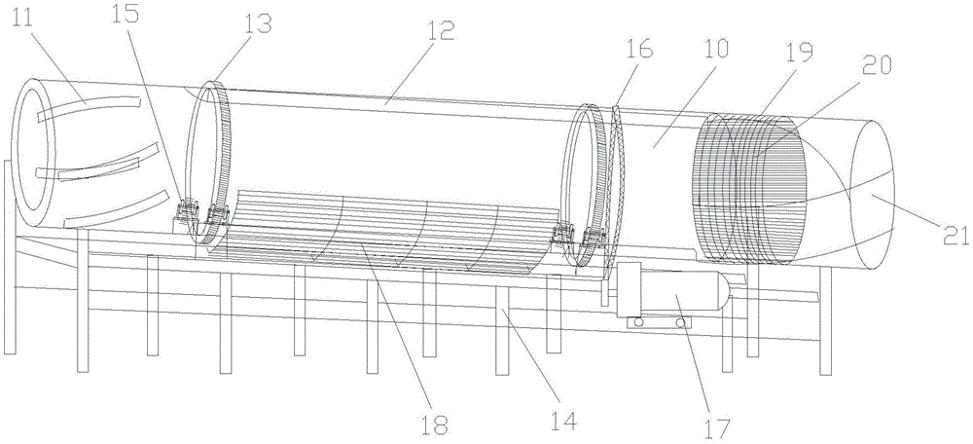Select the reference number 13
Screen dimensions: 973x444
256,24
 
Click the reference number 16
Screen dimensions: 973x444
640,49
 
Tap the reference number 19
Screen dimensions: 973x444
801,54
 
